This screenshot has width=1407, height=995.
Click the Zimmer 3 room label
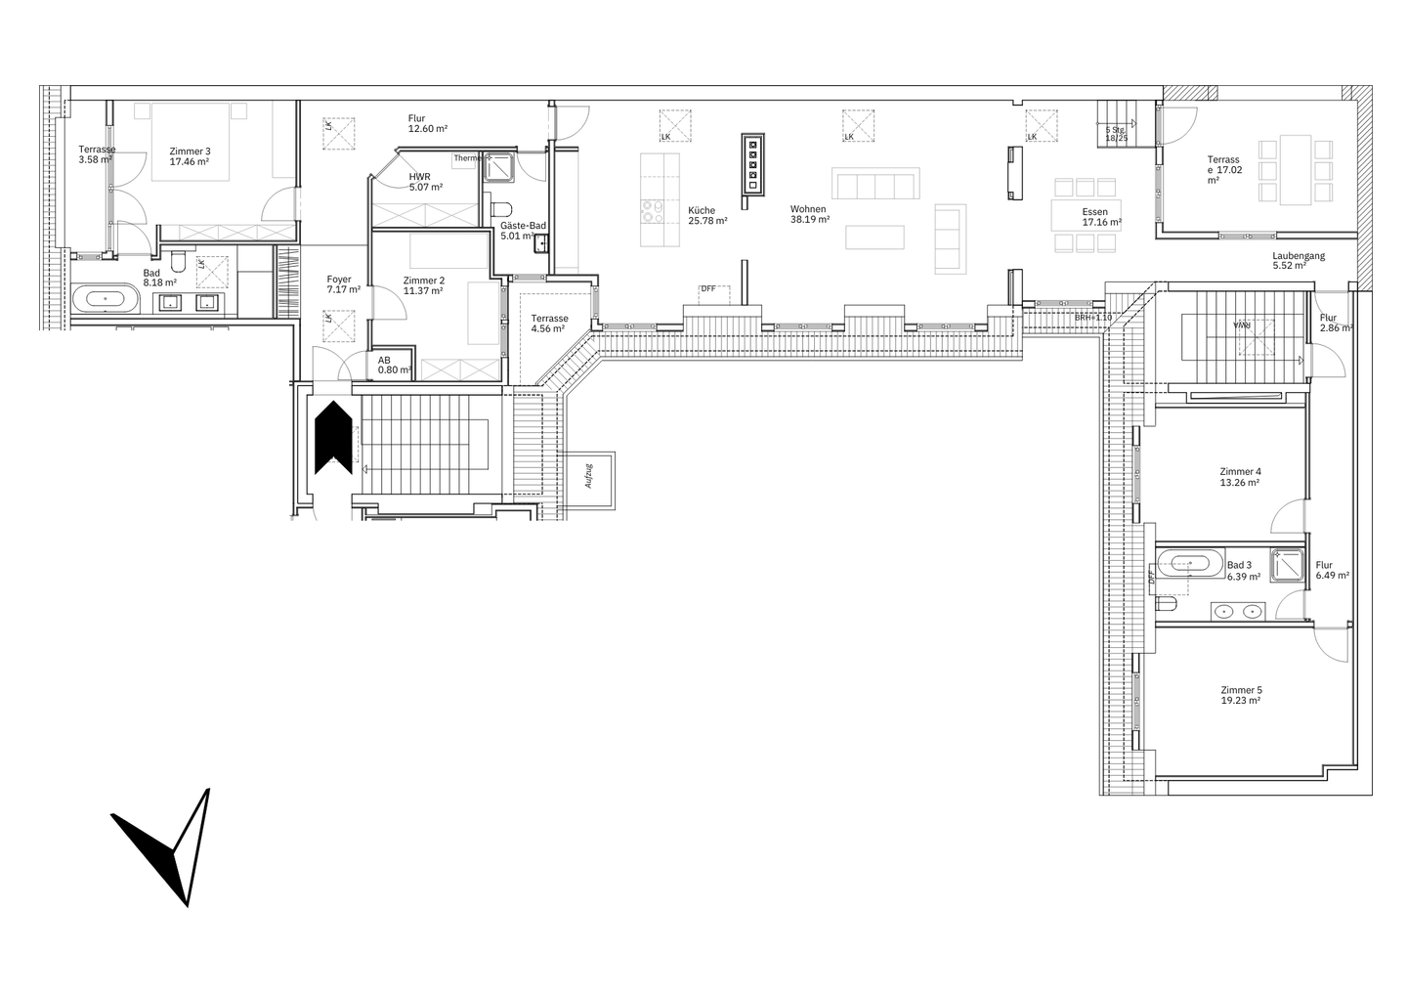[190, 151]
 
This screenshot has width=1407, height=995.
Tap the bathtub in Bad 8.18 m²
[104, 299]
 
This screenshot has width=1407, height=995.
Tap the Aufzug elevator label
[590, 477]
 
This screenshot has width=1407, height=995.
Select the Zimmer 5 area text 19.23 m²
[1240, 701]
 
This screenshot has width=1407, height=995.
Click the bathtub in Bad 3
[1187, 564]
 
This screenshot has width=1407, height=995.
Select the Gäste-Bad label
[523, 226]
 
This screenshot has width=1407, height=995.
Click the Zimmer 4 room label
[1240, 471]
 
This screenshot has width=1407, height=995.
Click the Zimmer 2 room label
[424, 281]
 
